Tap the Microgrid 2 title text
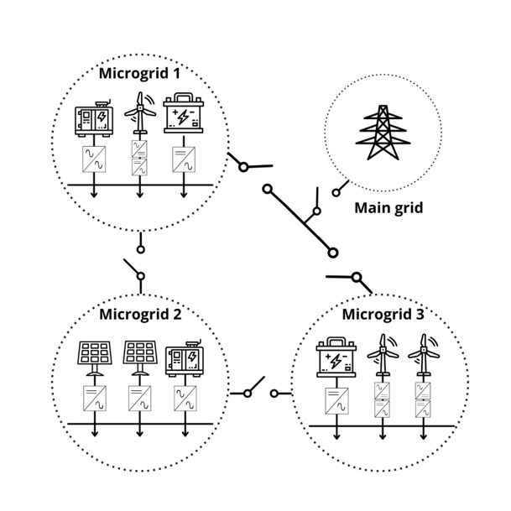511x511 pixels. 139,315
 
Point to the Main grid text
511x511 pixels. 388,207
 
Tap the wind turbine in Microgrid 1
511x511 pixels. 139,116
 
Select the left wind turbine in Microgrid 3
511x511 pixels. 383,357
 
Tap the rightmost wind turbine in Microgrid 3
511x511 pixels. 423,357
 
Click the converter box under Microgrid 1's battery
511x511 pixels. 185,159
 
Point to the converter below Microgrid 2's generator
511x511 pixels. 185,399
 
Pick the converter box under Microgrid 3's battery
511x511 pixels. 336,401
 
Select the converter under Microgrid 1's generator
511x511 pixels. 93,159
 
